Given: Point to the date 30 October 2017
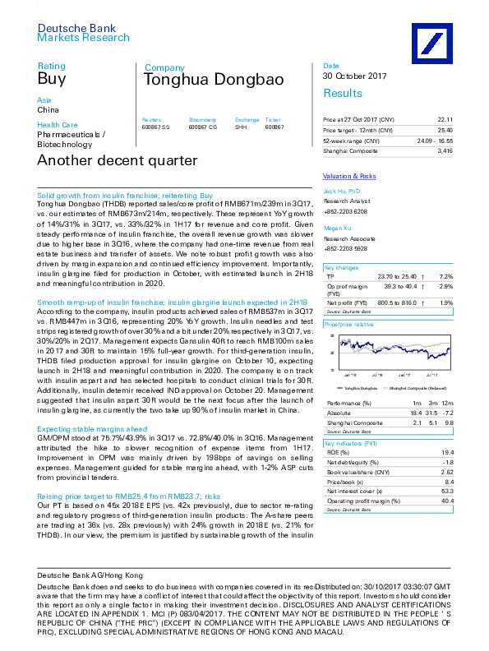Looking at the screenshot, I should click(355, 76).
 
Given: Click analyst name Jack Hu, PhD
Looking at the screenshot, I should click(341, 191).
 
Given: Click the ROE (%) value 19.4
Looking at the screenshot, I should click(448, 452).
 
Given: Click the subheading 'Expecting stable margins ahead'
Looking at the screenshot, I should click(92, 428).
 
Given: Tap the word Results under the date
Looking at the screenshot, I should click(344, 94).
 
